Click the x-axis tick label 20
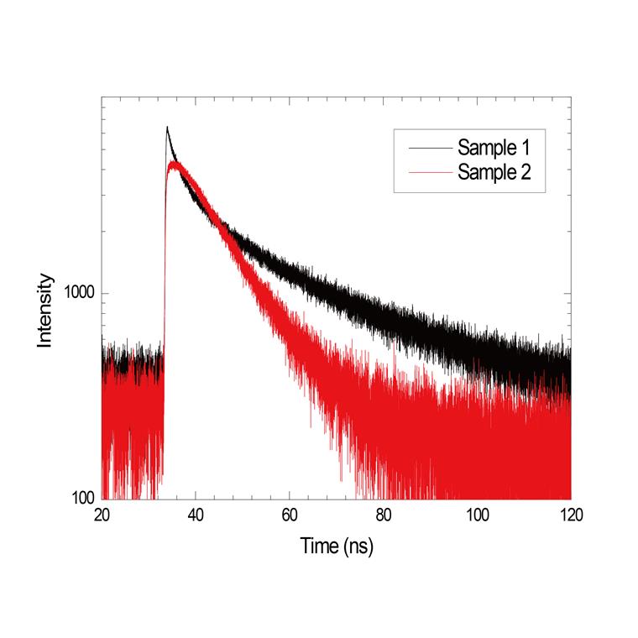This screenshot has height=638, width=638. coord(102,515)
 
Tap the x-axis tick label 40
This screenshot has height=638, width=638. coord(196,515)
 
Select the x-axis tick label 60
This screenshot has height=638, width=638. coord(290,515)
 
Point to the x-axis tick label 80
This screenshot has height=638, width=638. coord(384,515)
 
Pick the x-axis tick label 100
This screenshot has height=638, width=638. coord(477,515)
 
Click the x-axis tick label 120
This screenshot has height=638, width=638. coord(570,515)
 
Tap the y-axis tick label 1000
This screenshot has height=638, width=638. coord(78,295)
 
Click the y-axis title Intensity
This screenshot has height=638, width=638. coord(45,311)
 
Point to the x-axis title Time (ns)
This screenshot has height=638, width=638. coord(337,546)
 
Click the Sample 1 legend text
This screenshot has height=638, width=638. coord(494,149)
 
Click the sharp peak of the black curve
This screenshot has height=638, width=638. coord(167,128)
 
